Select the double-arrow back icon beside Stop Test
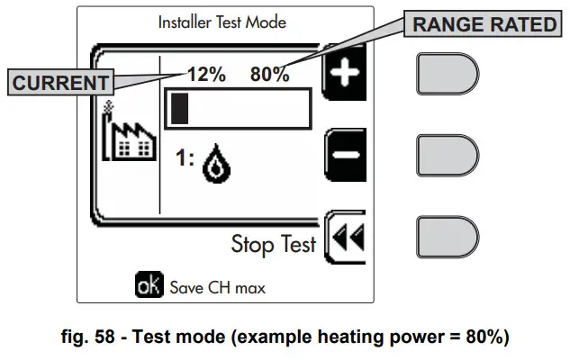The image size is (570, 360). point(345,237)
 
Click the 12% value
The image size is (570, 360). point(206,76)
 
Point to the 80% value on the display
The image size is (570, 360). point(270,76)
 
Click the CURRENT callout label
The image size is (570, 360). point(60,83)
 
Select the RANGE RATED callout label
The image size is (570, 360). point(484,24)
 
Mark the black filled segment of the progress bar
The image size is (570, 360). point(180,108)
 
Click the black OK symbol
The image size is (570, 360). point(147,287)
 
